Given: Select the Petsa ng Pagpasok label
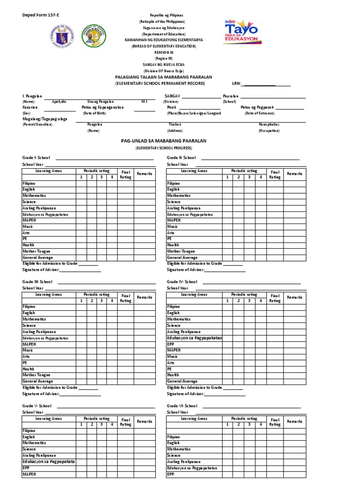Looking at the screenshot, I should coord(257,107).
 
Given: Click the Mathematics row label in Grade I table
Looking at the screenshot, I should coord(34,195).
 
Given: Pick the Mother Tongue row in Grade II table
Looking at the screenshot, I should coord(181,251).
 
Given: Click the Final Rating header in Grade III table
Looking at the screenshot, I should coord(126,298).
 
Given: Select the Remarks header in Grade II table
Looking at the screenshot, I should coord(294,174).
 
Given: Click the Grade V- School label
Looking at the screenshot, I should coord(37,406).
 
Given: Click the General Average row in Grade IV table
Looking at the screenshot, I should coord(182,381).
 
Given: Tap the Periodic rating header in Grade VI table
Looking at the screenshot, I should coord(244,419).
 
